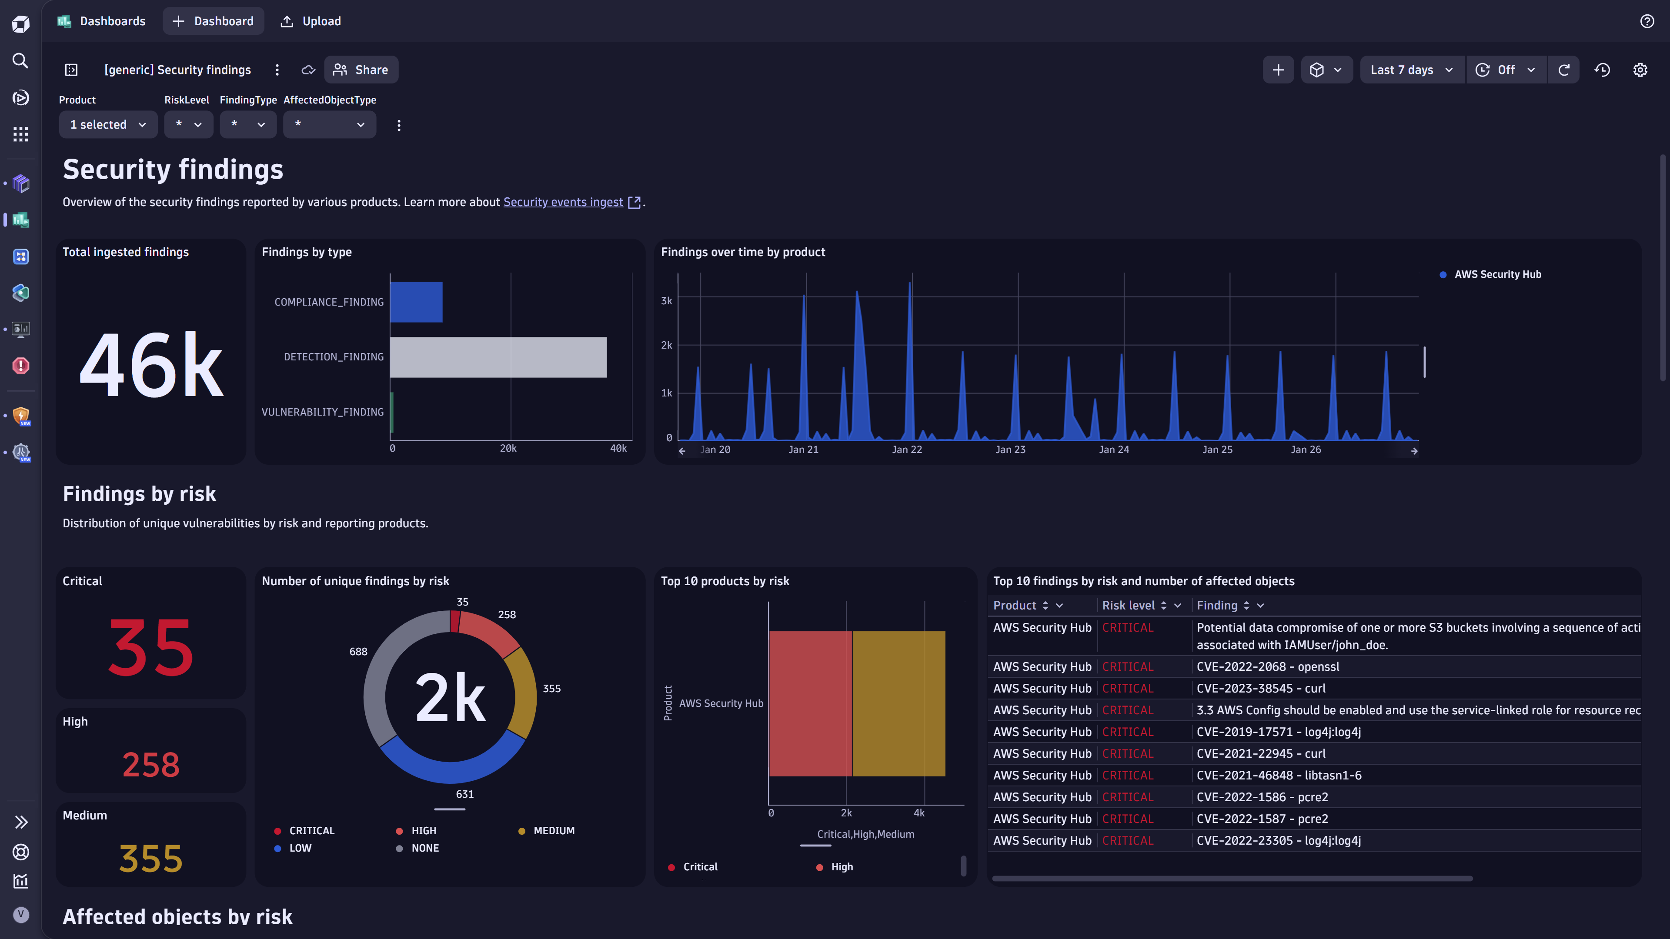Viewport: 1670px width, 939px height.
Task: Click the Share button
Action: coord(361,70)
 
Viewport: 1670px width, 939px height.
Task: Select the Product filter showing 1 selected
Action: coord(107,124)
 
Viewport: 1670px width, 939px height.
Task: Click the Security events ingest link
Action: coord(563,202)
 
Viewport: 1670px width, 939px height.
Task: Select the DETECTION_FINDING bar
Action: coord(498,357)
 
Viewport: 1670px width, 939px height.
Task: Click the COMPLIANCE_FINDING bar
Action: coord(416,302)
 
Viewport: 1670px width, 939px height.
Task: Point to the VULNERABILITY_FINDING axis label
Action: coord(322,412)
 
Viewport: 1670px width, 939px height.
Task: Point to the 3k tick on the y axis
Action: coord(666,301)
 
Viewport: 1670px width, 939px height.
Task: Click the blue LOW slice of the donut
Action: coord(448,767)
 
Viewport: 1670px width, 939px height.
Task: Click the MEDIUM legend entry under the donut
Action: coord(553,831)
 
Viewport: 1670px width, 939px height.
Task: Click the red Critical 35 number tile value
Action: coord(150,648)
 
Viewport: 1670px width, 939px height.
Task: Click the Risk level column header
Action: coord(1128,605)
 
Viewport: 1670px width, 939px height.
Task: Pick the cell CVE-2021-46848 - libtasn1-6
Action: coord(1279,775)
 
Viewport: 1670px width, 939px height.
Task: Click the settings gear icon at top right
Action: coord(1640,70)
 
